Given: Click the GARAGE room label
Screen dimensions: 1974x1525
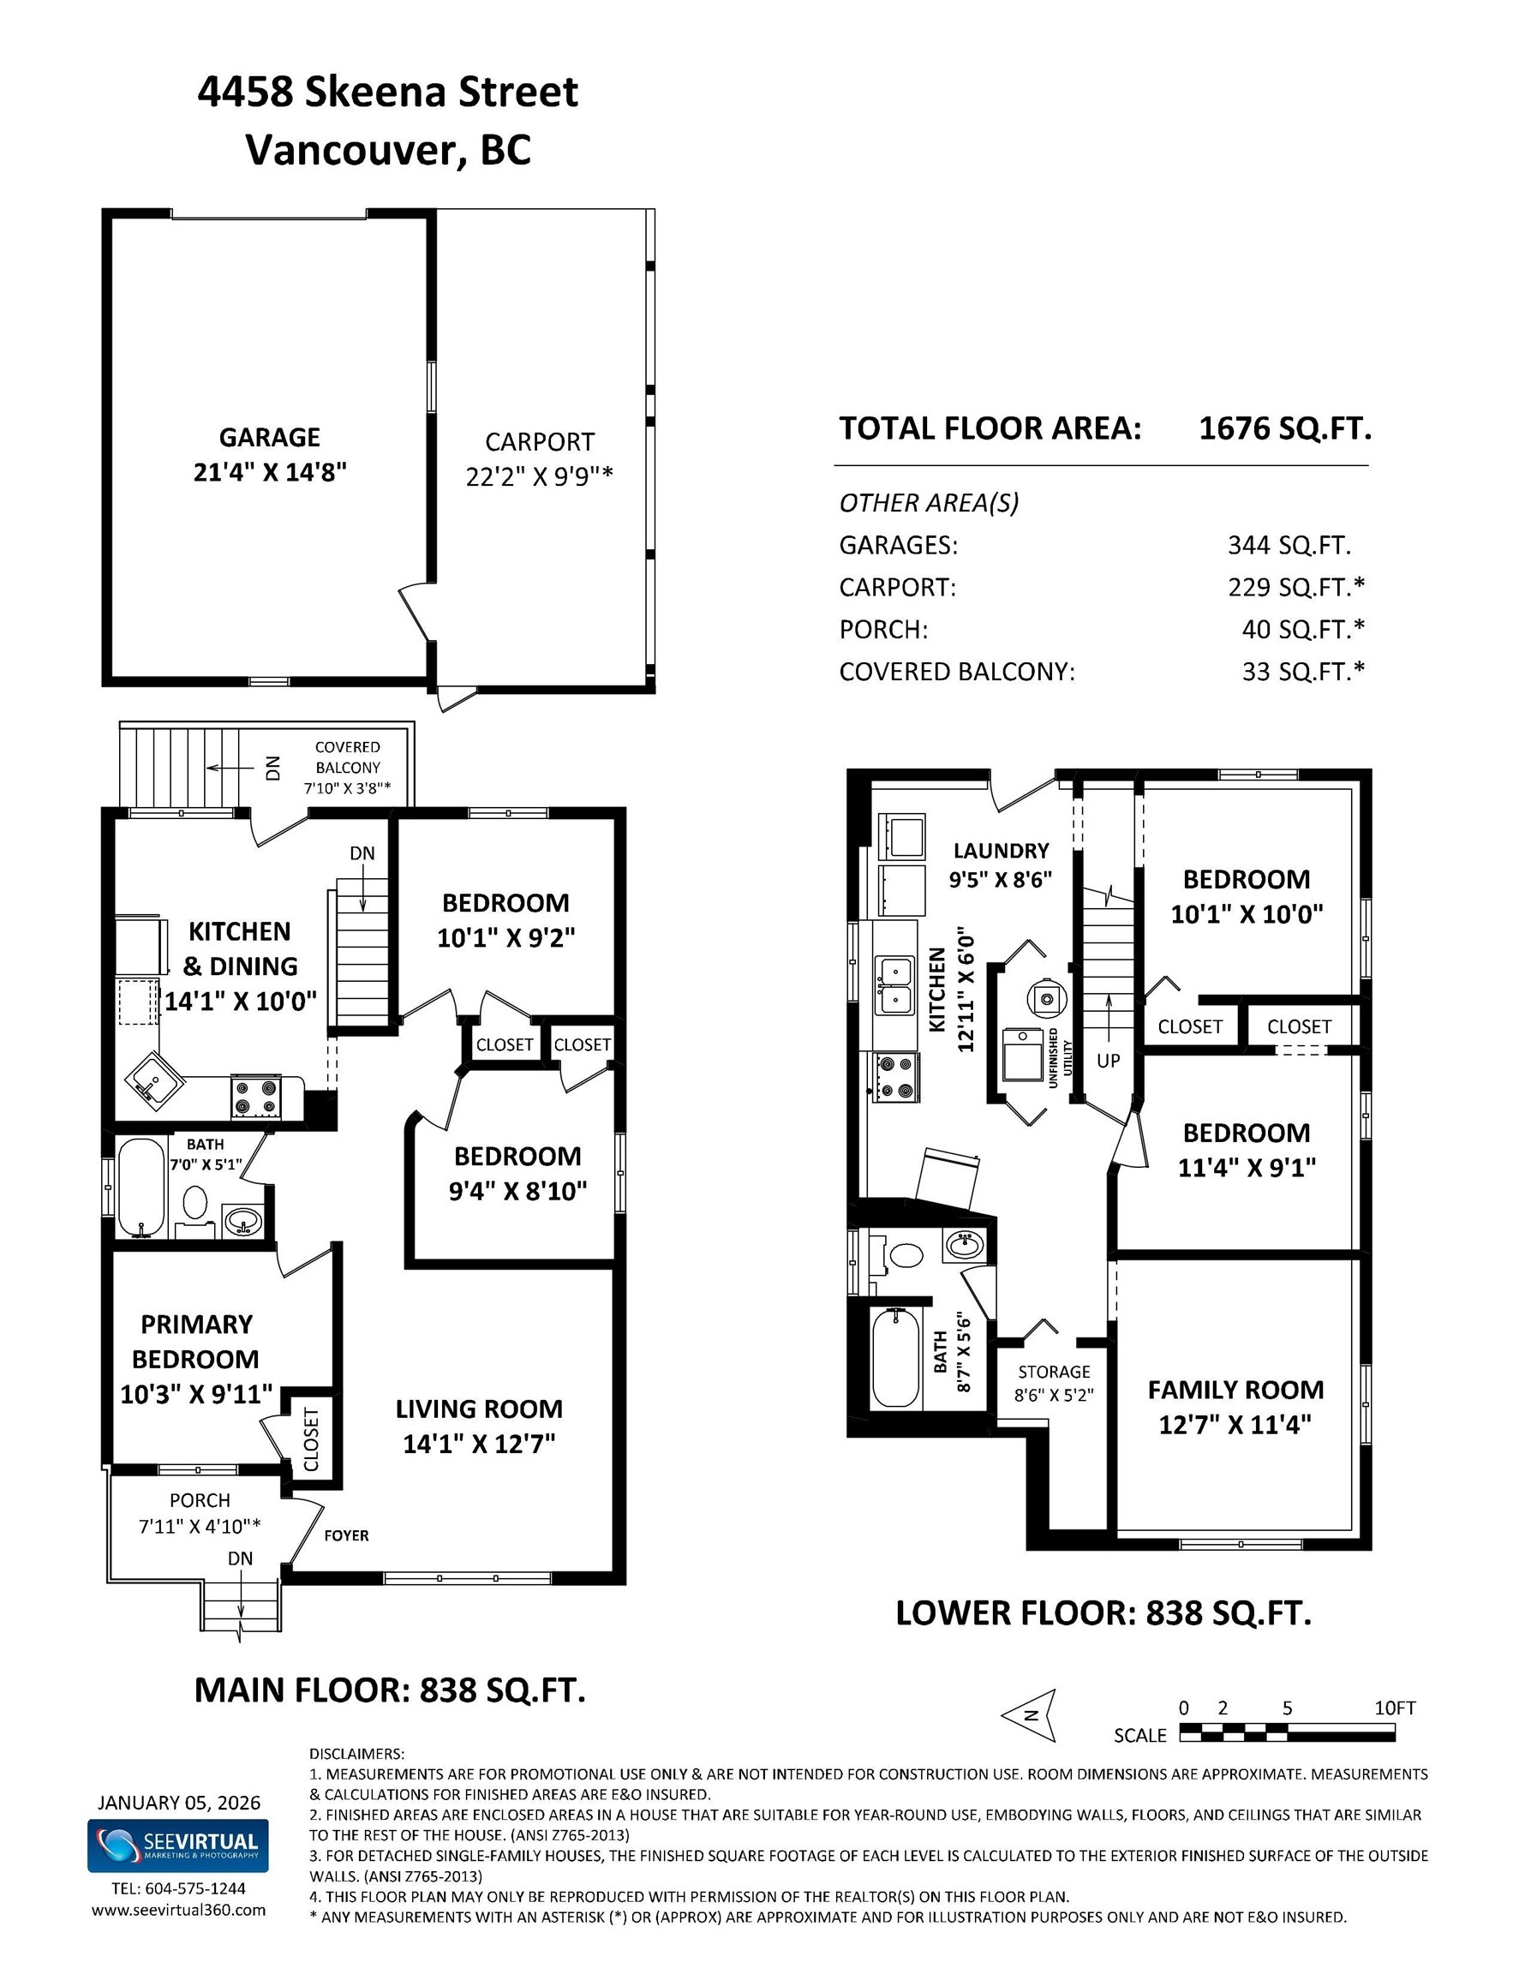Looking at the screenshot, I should (269, 438).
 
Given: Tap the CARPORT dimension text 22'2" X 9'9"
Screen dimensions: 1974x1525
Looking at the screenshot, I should (539, 476).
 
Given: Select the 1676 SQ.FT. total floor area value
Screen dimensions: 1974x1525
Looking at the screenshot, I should (1284, 428).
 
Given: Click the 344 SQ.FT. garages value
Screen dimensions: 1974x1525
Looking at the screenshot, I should (1289, 545).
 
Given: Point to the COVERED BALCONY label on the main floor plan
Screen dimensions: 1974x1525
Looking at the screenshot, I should (347, 757).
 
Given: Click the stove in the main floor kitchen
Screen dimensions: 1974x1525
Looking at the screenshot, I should (257, 1098).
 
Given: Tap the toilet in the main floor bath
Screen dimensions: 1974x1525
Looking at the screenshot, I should (195, 1203).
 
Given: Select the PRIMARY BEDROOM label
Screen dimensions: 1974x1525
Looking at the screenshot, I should (196, 1342).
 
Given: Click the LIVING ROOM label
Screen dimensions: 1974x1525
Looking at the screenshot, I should (479, 1409).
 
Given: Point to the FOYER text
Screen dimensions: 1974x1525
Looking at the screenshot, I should (346, 1534).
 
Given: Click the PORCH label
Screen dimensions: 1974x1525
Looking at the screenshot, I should (200, 1500).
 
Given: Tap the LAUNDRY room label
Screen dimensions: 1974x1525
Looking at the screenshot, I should (1001, 851).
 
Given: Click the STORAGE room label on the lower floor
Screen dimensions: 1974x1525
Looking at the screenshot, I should (1054, 1371).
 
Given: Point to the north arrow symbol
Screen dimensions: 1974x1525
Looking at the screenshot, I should (1031, 1714).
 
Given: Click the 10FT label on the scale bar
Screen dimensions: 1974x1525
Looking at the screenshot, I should (1394, 1708).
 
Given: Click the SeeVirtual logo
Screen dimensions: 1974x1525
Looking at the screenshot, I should (178, 1846).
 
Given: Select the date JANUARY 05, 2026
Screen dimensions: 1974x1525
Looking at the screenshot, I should (179, 1803).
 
